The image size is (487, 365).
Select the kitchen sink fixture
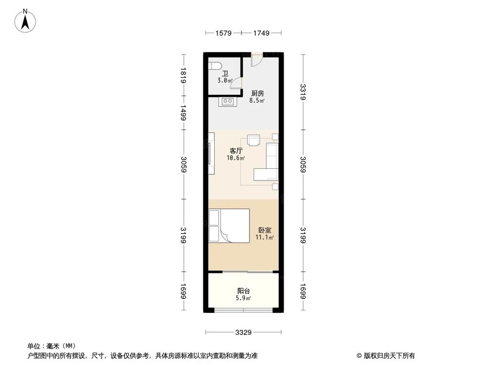click(x=228, y=102)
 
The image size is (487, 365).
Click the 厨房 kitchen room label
click(x=258, y=93)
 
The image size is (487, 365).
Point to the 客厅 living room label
click(x=236, y=150)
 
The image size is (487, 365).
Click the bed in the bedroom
click(x=229, y=225)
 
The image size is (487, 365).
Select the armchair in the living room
click(x=254, y=140)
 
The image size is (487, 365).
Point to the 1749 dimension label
click(x=261, y=33)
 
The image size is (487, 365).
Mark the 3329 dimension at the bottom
click(x=243, y=333)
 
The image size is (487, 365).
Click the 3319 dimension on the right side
click(x=303, y=92)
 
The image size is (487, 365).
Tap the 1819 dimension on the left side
click(x=183, y=76)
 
